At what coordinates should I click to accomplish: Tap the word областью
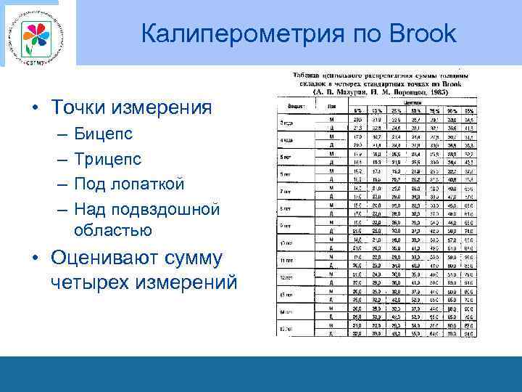pyautogui.click(x=112, y=230)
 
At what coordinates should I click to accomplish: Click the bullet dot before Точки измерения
pyautogui.click(x=35, y=109)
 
